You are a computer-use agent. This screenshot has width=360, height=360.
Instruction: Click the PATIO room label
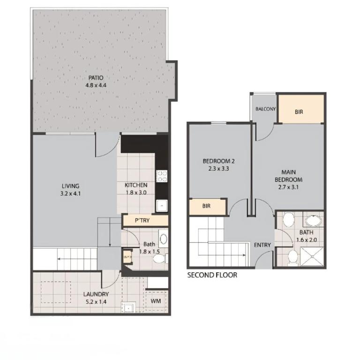coord(96,78)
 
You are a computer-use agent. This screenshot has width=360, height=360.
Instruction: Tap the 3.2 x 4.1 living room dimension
coord(70,194)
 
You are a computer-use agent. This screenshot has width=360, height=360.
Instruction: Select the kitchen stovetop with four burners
coord(162,176)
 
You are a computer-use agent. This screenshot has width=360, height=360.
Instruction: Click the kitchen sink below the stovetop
coord(162,205)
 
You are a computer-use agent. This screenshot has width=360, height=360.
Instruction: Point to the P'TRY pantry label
coord(142,220)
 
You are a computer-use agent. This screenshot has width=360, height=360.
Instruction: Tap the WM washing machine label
coord(156,301)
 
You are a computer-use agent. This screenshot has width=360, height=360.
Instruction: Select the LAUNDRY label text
coord(96,294)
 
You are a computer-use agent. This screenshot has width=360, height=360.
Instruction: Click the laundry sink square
coord(128,307)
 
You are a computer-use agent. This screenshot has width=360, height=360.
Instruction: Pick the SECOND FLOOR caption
coord(212,275)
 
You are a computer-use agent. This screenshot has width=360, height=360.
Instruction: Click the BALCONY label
coord(266,109)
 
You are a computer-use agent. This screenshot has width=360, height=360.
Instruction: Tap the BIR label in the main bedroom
coord(299,112)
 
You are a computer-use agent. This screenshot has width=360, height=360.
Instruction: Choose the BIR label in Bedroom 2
coord(206,206)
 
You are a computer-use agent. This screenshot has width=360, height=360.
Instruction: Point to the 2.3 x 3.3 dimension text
coord(218,169)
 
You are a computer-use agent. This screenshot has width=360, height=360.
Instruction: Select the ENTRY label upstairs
coord(262,245)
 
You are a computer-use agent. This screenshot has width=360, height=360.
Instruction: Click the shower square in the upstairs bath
coord(312,257)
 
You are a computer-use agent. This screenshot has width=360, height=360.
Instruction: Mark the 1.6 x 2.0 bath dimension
coord(307,240)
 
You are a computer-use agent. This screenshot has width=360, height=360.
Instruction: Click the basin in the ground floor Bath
coord(163,239)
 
